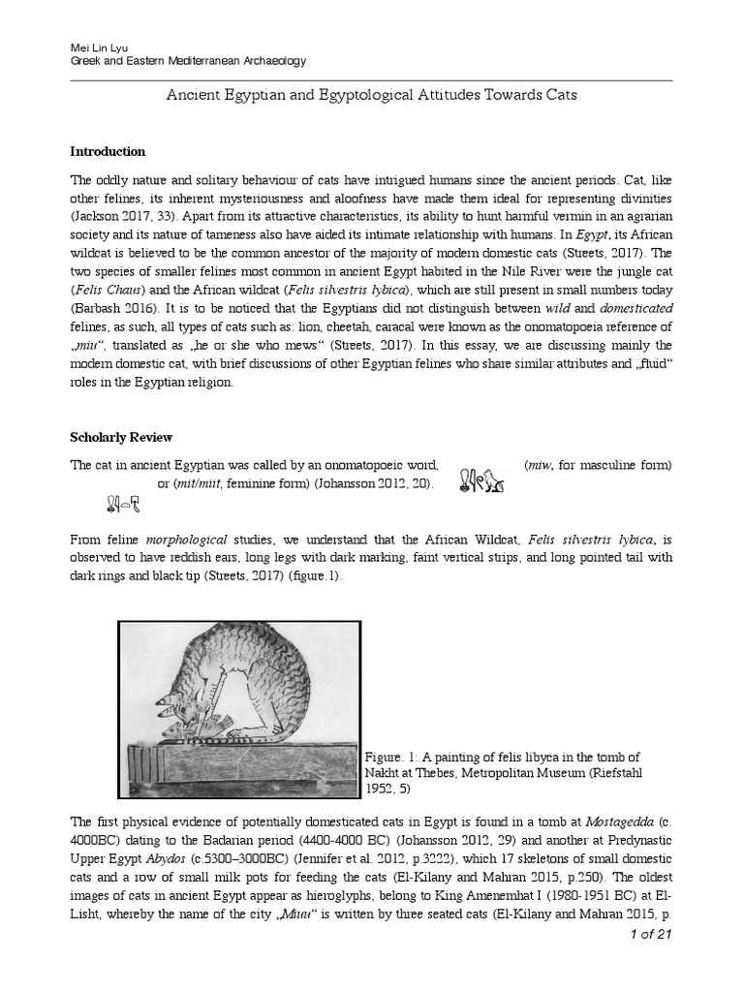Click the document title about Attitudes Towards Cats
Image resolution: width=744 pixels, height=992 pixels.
[372, 95]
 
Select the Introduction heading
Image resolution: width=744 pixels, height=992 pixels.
[108, 151]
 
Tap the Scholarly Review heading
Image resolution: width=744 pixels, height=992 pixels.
[121, 437]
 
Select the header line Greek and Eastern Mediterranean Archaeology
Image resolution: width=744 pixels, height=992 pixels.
[190, 61]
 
